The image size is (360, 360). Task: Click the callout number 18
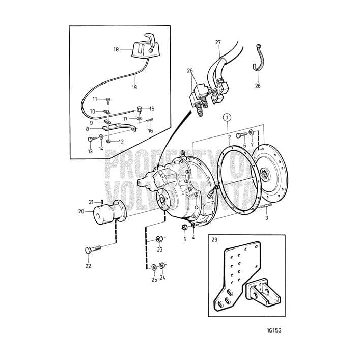(x=116, y=50)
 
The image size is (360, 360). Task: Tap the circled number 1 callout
(x=227, y=118)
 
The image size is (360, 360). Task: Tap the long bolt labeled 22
(x=94, y=250)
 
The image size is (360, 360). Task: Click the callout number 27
(x=218, y=43)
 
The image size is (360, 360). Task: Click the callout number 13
(x=90, y=152)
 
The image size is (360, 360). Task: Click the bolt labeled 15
(x=139, y=109)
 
